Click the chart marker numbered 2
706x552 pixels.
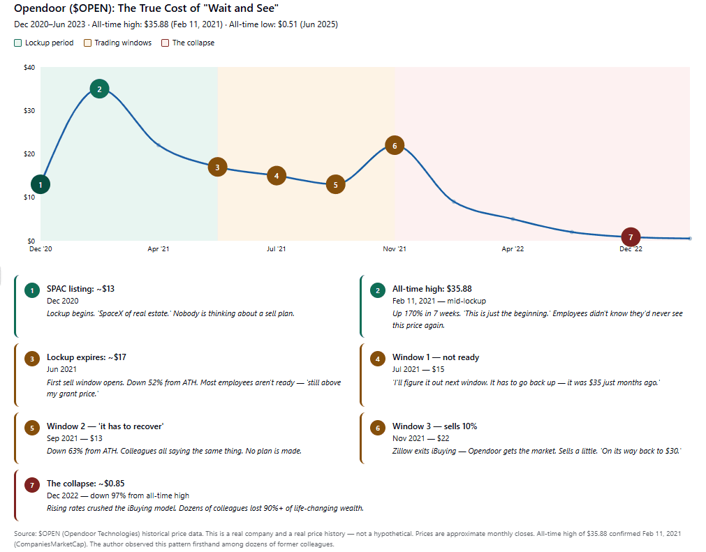[99, 89]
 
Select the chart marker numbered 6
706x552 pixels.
[395, 145]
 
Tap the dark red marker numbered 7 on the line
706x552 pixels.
[631, 237]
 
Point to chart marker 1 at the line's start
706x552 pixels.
[41, 184]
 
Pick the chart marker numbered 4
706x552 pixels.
[277, 176]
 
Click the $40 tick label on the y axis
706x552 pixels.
[29, 68]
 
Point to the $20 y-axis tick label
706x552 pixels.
[29, 154]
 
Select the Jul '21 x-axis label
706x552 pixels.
[277, 248]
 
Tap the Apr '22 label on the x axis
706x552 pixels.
[513, 248]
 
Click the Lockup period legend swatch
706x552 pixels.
[18, 43]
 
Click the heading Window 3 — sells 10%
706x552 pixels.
[434, 426]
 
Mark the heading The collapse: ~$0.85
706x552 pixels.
[85, 483]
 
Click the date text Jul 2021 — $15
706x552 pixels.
[418, 369]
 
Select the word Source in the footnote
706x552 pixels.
[25, 534]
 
